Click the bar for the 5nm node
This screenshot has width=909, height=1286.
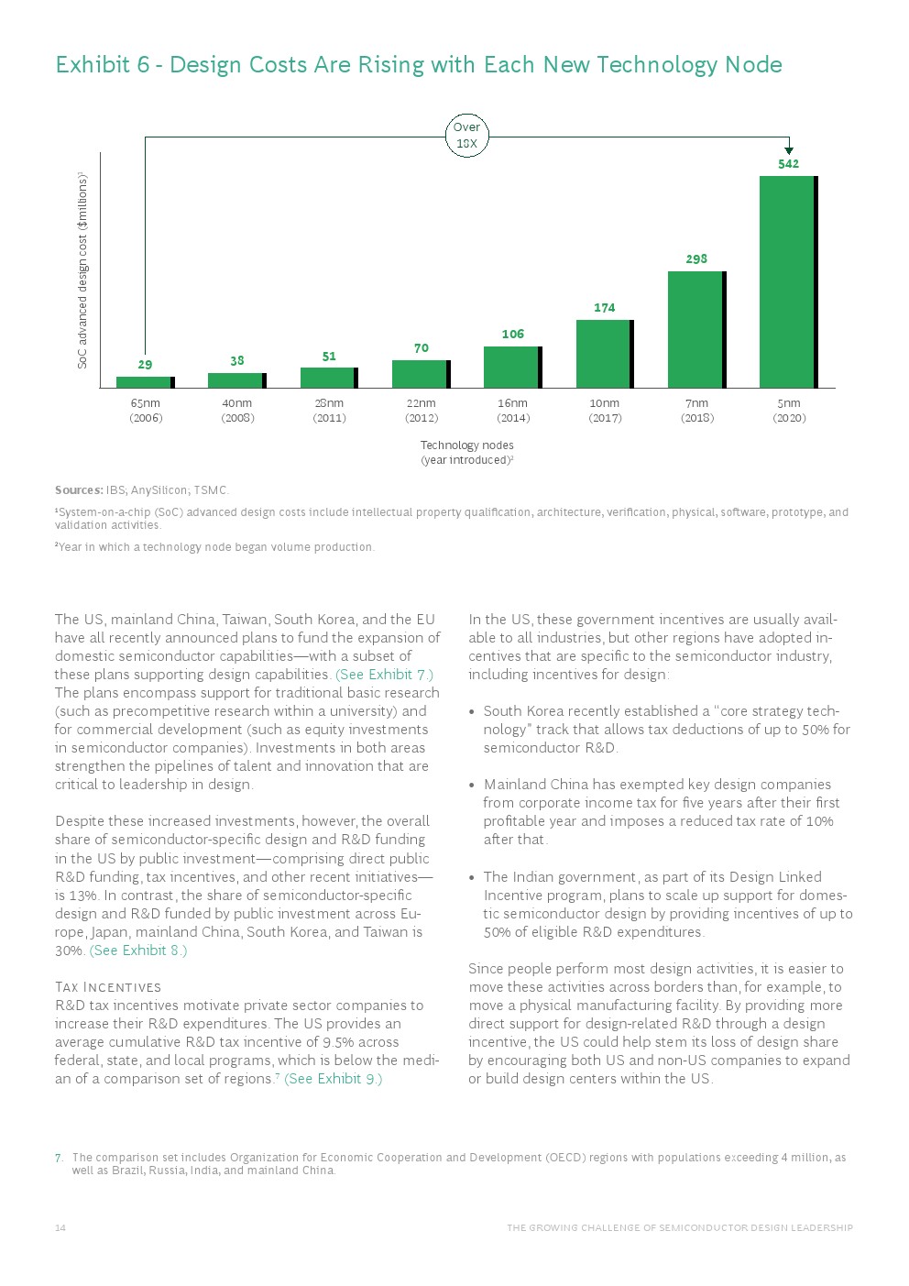click(788, 281)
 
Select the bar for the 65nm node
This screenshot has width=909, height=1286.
click(145, 382)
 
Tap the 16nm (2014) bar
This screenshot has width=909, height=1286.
click(512, 367)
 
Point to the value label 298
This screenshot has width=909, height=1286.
click(696, 259)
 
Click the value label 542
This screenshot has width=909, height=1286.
click(788, 164)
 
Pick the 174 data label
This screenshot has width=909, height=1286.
click(604, 308)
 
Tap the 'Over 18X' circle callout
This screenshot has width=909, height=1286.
click(466, 136)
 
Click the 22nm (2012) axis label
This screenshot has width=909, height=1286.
click(422, 411)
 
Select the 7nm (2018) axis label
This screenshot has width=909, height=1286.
click(696, 411)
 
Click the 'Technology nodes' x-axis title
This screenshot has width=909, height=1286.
click(466, 445)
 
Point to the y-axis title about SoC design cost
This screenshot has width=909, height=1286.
click(82, 270)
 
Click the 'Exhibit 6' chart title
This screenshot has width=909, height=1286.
click(419, 65)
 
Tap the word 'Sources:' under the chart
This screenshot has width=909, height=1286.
click(79, 490)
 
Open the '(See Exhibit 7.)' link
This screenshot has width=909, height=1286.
click(384, 675)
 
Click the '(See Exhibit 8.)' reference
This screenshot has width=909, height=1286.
click(138, 951)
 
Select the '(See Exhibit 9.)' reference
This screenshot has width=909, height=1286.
click(334, 1079)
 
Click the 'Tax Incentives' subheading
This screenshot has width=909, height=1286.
click(108, 987)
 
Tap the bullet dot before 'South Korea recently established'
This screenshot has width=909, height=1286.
click(472, 712)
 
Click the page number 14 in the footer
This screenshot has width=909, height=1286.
click(60, 1228)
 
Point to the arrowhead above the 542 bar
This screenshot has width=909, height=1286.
click(789, 150)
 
